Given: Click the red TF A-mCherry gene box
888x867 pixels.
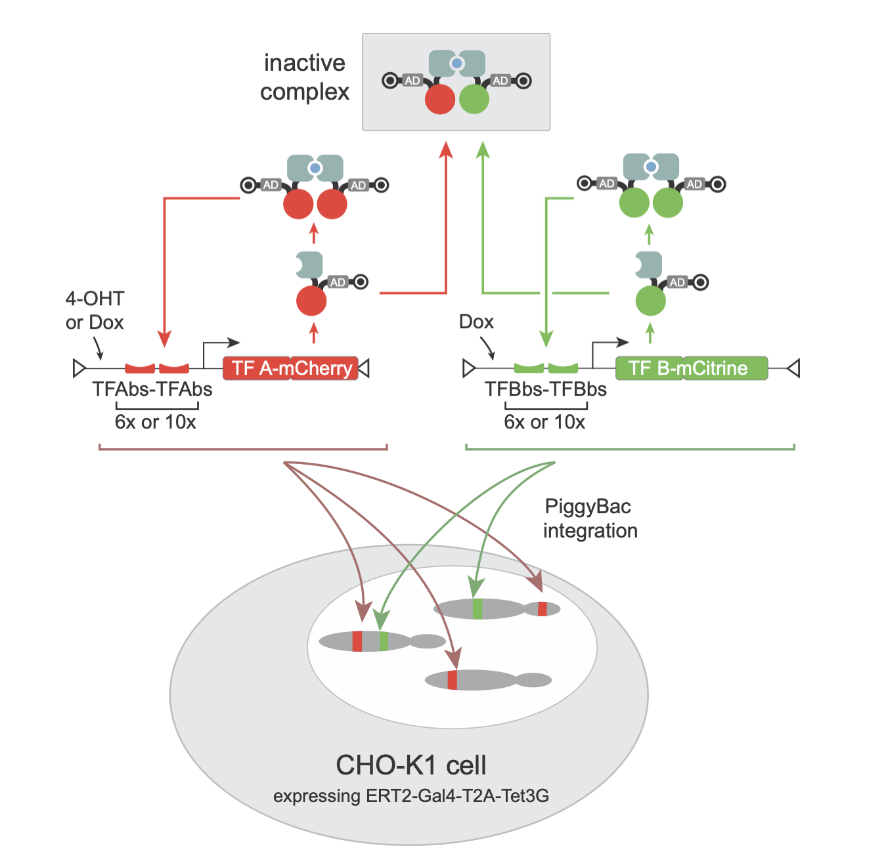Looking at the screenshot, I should (290, 368).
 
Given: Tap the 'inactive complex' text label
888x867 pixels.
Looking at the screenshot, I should (305, 77).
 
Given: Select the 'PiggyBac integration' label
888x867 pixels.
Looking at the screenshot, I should (589, 518).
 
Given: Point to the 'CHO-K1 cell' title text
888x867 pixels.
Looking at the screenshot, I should (411, 765).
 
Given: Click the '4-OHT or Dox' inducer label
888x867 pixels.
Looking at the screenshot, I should (95, 310).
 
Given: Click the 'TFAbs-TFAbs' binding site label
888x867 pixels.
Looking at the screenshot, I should (152, 389).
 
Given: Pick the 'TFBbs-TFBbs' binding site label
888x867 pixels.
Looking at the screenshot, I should (545, 389).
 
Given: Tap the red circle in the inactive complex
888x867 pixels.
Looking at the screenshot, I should (440, 99).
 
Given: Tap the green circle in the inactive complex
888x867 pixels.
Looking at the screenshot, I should (474, 99).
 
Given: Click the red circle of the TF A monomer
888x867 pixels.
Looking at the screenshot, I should (311, 301).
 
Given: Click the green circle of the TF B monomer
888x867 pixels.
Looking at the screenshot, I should (650, 301).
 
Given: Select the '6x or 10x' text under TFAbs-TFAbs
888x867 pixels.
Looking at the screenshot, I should (156, 422).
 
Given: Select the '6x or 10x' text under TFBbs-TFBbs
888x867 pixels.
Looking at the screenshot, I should (544, 422).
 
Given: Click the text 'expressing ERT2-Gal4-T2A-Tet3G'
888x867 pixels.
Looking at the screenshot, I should (411, 796).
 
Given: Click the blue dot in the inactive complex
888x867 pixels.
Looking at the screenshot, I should (456, 64).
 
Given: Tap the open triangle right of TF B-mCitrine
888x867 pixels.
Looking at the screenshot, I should (793, 368).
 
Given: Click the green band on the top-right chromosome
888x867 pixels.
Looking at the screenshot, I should (477, 608).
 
